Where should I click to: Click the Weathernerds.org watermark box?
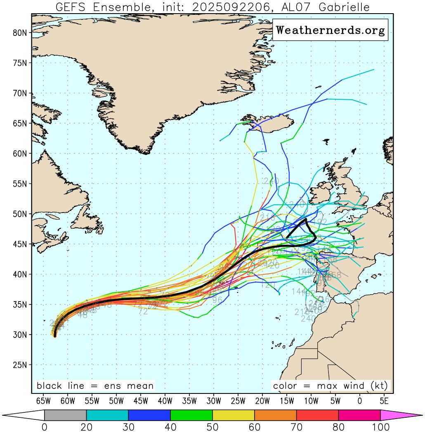coord(330,30)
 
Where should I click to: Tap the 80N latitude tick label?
coord(20,33)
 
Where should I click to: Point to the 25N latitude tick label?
coord(20,365)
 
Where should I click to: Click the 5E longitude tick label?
coord(384,401)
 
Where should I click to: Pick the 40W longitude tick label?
coord(165,401)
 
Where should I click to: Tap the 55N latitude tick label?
coord(20,184)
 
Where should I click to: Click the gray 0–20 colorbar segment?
coord(65,415)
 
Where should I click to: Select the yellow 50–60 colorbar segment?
coord(233,415)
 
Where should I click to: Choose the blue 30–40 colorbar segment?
coord(149,415)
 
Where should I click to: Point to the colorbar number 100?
coord(380,427)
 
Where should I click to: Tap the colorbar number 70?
coord(296,427)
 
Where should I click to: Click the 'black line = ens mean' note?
coord(95,386)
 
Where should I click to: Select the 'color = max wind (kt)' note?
coord(331,386)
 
